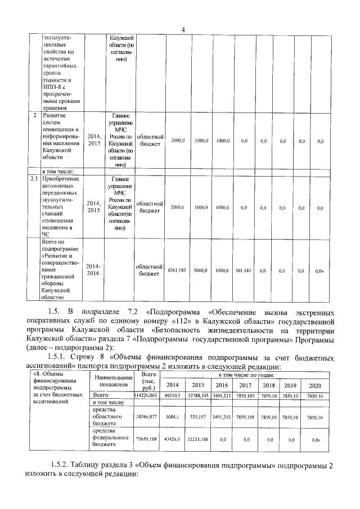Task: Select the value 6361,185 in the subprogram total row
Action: point(177,271)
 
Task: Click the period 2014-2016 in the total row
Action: point(93,270)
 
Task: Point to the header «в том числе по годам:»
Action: point(246,374)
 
